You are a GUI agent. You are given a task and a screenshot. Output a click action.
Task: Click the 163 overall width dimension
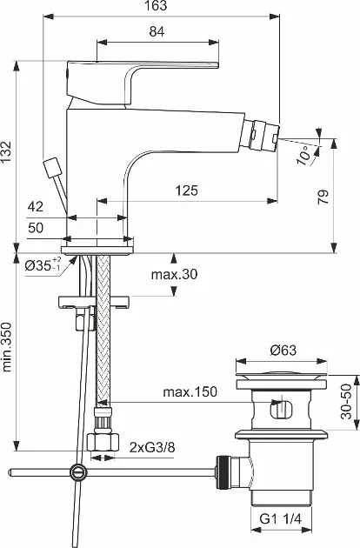coord(156,6)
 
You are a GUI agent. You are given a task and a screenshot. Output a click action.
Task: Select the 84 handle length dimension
coord(157,32)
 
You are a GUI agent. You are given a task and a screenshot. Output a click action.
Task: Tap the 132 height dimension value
coord(6,151)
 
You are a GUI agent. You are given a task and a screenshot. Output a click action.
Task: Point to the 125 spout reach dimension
coord(187,190)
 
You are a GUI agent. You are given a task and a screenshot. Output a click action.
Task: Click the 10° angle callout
coord(303,156)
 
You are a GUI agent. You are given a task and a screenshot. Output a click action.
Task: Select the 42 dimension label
coord(36,206)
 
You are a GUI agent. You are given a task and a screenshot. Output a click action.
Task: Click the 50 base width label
coord(36,228)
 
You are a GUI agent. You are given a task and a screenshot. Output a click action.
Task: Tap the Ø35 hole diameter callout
coord(43,265)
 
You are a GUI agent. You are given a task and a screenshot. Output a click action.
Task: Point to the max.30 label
coord(174,274)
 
